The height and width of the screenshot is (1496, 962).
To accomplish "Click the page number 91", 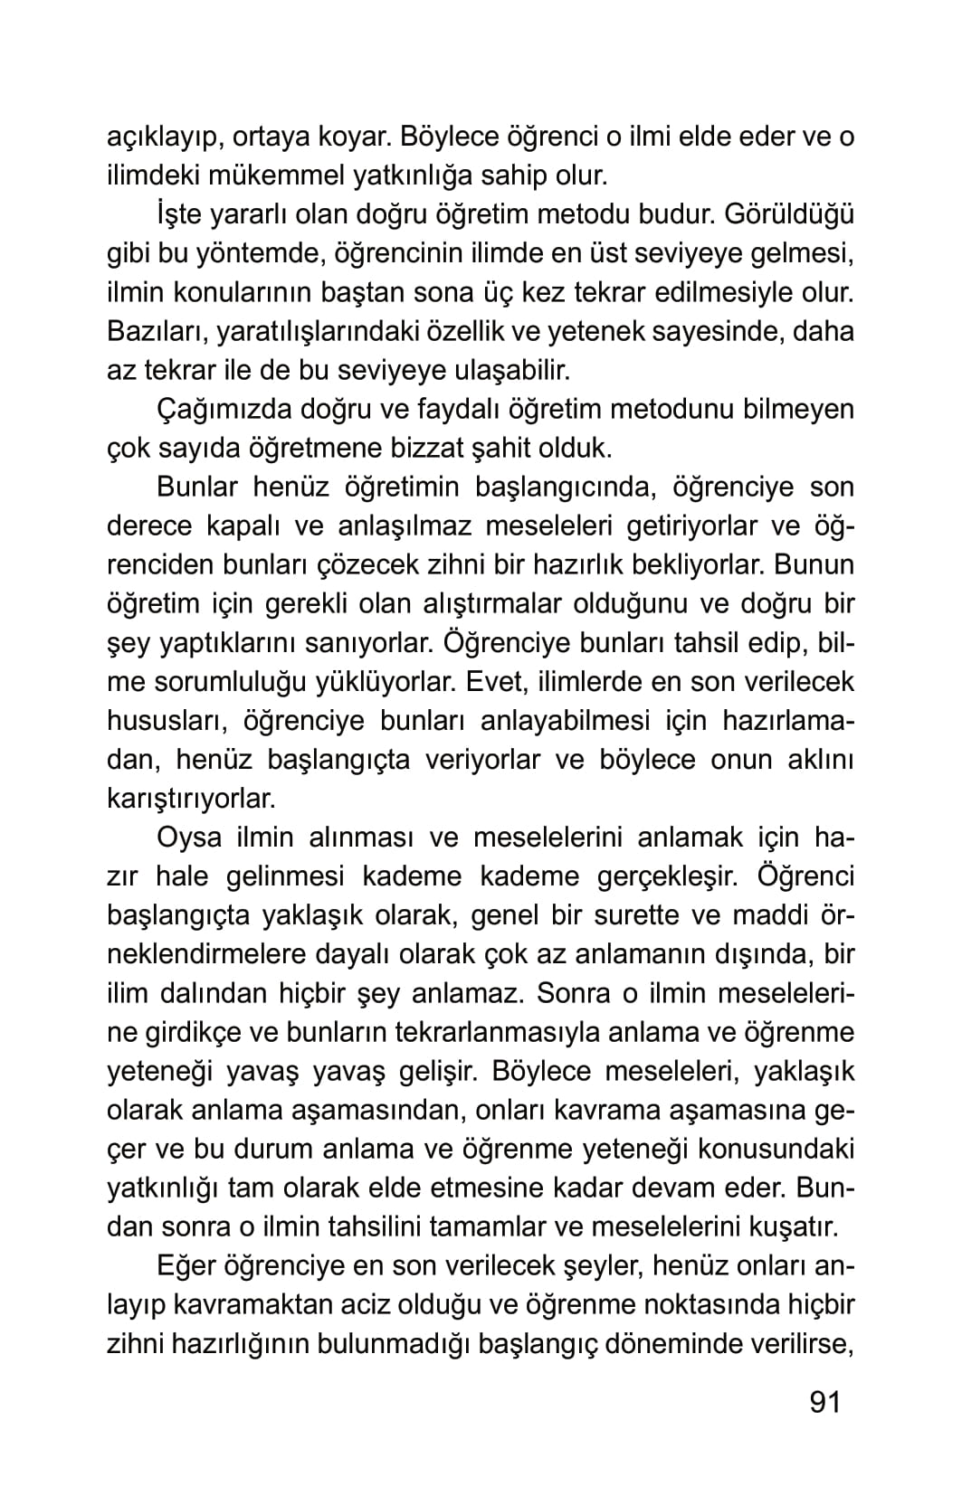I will click(x=824, y=1402).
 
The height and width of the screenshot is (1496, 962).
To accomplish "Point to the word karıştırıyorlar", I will click(x=190, y=799).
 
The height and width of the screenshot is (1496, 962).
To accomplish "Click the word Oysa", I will click(x=189, y=838).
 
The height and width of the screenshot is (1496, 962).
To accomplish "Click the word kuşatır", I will click(x=793, y=1227).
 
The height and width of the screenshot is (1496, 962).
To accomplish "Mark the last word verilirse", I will click(x=799, y=1344).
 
